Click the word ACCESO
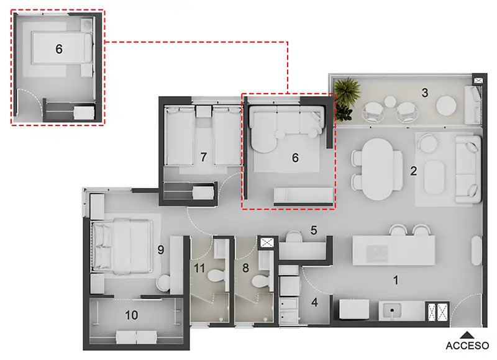(x=467, y=346)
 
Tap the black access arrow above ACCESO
(x=467, y=335)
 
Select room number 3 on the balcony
(x=425, y=92)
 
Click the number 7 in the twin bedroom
(x=204, y=157)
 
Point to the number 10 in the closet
(x=131, y=315)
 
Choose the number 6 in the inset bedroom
(x=59, y=49)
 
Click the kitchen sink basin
(x=392, y=310)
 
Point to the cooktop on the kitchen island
(x=377, y=253)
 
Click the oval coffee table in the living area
(x=434, y=177)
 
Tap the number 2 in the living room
(x=414, y=171)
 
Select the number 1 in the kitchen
(x=396, y=280)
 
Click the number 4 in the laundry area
(x=314, y=302)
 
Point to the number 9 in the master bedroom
(x=161, y=250)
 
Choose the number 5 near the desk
(x=314, y=230)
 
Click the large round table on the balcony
(x=446, y=106)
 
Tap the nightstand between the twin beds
(x=203, y=112)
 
